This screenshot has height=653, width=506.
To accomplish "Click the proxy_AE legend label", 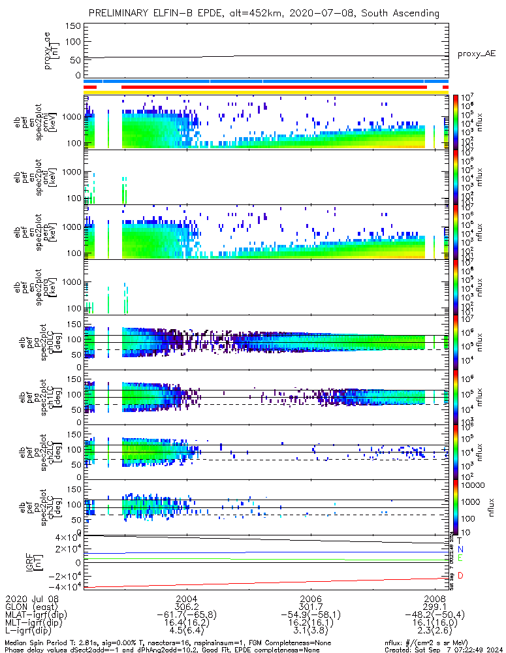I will (476, 54).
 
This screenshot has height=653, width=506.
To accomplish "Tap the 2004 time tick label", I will (186, 598).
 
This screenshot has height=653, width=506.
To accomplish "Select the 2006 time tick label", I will (311, 598).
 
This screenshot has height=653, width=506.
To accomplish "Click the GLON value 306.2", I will (186, 607).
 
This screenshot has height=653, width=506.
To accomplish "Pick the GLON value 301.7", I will (311, 607).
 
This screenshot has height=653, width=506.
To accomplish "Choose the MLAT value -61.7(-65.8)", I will (186, 615).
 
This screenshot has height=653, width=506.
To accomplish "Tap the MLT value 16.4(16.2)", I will (186, 624).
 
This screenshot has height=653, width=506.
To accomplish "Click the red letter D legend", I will (460, 575).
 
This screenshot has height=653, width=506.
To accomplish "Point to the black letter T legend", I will (460, 541).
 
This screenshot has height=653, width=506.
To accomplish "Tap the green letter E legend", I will (460, 558).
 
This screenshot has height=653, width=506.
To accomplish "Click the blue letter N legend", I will (460, 550).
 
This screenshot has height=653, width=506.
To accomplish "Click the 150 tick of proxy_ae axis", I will (73, 26).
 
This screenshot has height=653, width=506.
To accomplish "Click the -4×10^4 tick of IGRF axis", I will (67, 586).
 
